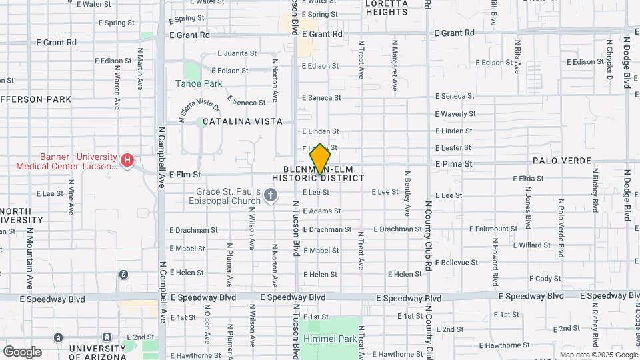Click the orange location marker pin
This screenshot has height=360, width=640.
(321, 159)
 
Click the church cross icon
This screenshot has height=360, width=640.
(270, 195)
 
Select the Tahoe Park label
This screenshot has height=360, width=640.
(198, 84)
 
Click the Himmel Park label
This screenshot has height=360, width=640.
(331, 339)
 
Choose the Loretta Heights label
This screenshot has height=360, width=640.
(387, 7)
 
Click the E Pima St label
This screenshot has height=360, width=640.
(453, 163)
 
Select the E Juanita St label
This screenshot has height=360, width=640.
(237, 53)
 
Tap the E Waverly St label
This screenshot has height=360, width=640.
(455, 114)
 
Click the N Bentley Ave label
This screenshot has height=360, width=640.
(407, 193)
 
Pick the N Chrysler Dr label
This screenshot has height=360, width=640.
(609, 63)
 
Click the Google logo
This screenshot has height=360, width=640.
(21, 352)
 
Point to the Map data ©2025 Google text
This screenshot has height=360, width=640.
(597, 355)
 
